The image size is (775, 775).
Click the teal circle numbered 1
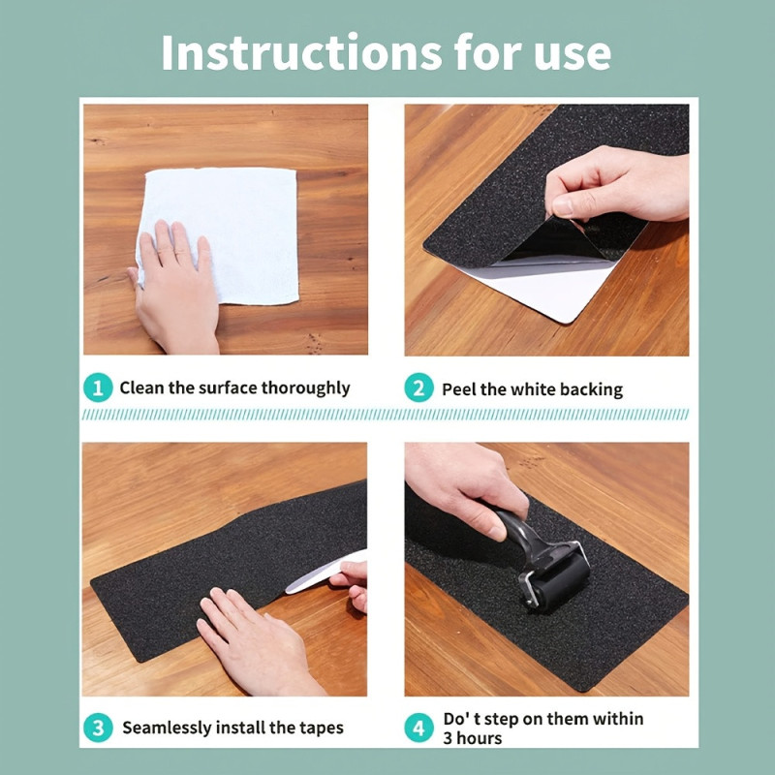(98, 387)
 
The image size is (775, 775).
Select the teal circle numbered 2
(418, 388)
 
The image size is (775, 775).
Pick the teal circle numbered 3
(98, 728)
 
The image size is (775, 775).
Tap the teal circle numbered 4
(418, 728)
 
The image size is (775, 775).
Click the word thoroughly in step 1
(305, 388)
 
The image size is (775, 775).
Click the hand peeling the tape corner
(617, 184)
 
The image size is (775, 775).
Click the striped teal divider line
(386, 415)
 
